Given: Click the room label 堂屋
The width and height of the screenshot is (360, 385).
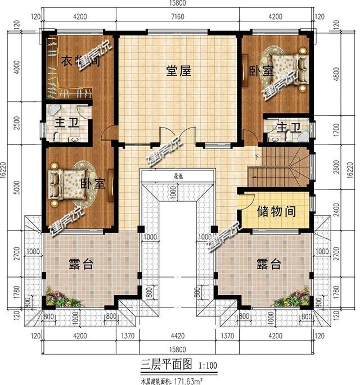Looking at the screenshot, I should [x=178, y=71].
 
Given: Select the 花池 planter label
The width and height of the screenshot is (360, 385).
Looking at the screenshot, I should [x=178, y=176].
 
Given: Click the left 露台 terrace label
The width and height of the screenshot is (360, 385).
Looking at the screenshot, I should [x=80, y=264].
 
